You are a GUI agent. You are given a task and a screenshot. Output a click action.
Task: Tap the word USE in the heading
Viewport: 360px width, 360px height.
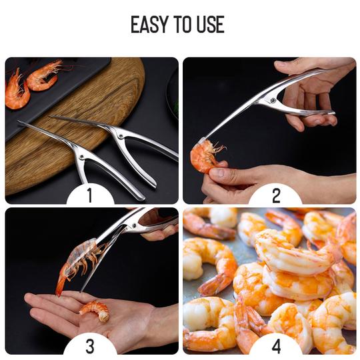(211, 25)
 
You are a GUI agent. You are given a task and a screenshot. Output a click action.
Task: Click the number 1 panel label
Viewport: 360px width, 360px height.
(90, 195)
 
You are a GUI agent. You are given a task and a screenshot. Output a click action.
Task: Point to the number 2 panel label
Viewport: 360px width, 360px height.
(276, 195)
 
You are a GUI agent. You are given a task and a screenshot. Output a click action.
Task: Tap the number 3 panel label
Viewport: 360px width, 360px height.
(90, 346)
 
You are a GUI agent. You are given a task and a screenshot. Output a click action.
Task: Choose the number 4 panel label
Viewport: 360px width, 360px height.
(276, 346)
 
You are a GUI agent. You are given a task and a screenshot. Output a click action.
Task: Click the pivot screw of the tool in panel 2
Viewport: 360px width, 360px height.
(273, 101)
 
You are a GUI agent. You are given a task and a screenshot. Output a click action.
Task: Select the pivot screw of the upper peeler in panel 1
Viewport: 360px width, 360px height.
(120, 136)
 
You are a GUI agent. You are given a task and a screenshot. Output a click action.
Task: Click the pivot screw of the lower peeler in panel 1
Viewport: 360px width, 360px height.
(81, 157)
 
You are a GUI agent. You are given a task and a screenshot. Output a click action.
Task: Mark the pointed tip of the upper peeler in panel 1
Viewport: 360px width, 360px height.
(50, 117)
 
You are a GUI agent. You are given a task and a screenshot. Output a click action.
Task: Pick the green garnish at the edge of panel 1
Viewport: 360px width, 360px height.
(175, 106)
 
